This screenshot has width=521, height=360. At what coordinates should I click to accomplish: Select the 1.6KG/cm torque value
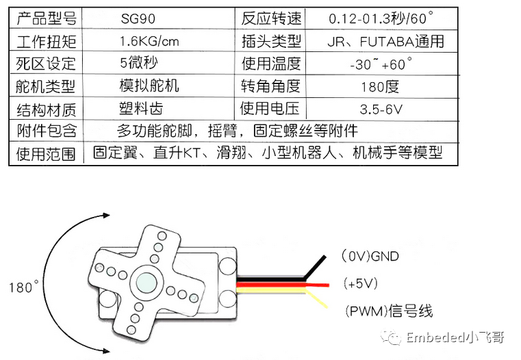pos(149,42)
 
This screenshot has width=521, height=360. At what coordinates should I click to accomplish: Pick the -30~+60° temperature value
pos(381,64)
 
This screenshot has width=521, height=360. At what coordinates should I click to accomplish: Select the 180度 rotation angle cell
pos(379,87)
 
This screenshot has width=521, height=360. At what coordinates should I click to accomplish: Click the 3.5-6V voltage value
pos(381,109)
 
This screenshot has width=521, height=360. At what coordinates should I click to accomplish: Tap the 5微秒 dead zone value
pos(138,64)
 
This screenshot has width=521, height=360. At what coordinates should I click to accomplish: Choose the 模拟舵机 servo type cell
pos(149,86)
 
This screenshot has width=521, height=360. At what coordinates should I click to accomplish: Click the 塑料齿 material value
pos(140,108)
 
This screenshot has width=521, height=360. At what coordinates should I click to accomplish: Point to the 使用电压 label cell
pos(271,109)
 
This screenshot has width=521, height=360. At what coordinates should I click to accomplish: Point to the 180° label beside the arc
pos(25,287)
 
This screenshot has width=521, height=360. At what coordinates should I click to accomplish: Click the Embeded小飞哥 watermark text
pos(452,337)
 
